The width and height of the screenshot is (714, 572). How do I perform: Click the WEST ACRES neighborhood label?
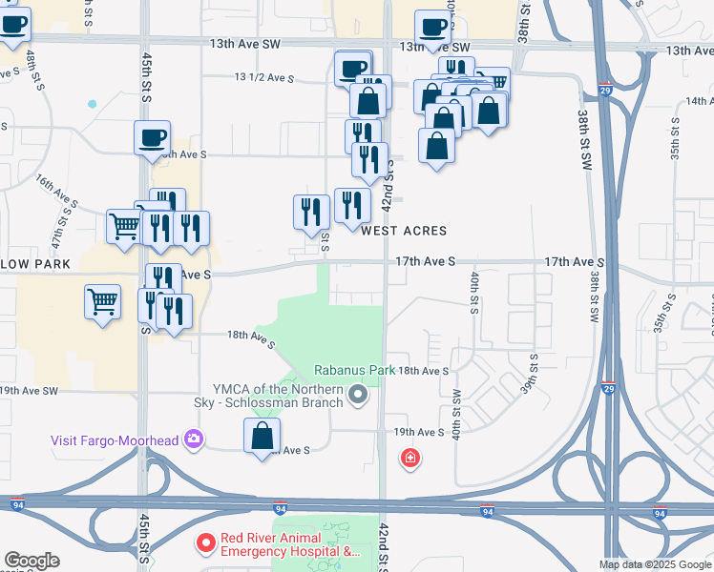pyautogui.click(x=403, y=231)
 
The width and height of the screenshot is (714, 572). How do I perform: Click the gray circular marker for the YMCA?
pyautogui.click(x=359, y=394)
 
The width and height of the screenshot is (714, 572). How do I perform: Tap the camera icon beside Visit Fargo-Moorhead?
pyautogui.click(x=195, y=439)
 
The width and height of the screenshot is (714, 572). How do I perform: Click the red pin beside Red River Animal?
pyautogui.click(x=205, y=544)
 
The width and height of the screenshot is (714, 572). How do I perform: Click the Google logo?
pyautogui.click(x=31, y=561)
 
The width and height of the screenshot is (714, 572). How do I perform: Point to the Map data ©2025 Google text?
pyautogui.click(x=656, y=564)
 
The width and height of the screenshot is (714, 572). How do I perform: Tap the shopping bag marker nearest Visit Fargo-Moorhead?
pyautogui.click(x=262, y=438)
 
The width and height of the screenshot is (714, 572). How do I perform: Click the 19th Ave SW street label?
pyautogui.click(x=29, y=391)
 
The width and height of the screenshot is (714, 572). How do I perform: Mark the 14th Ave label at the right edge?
pyautogui.click(x=698, y=100)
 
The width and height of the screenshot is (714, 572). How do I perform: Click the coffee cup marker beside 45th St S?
pyautogui.click(x=152, y=139)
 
